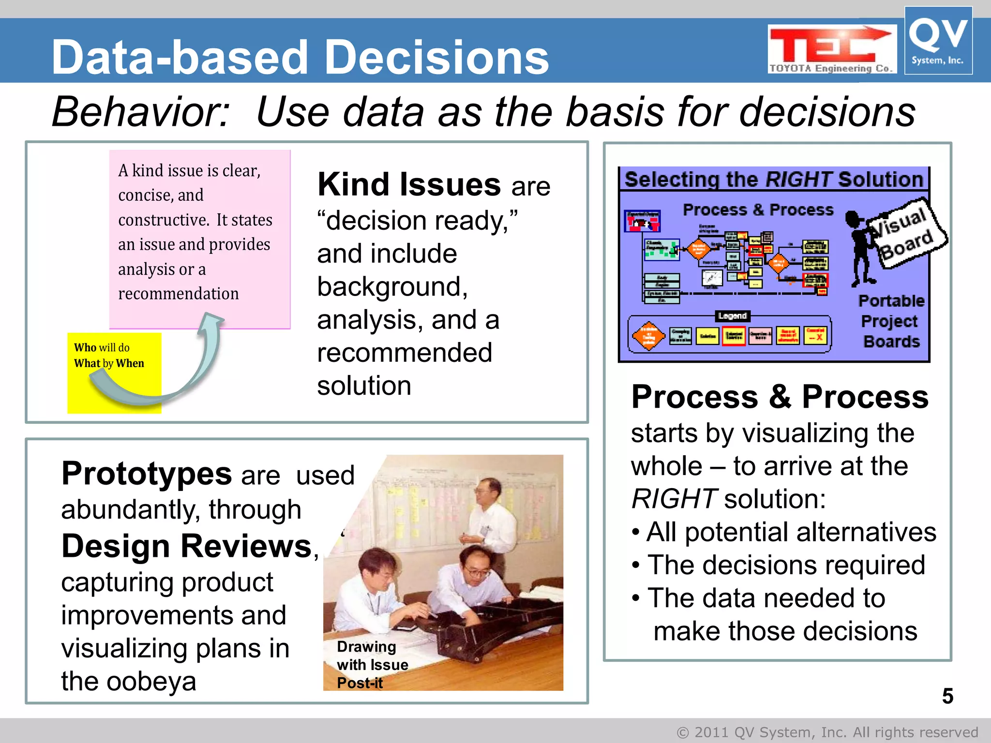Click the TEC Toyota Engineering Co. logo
pyautogui.click(x=831, y=49)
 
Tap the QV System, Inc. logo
pyautogui.click(x=938, y=41)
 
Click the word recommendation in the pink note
pyautogui.click(x=178, y=294)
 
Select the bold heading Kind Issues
pyautogui.click(x=409, y=185)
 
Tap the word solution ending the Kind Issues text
pyautogui.click(x=364, y=386)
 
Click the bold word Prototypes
pyautogui.click(x=146, y=474)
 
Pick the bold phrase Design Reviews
pyautogui.click(x=187, y=546)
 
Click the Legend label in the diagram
pyautogui.click(x=732, y=316)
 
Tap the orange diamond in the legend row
pyautogui.click(x=648, y=335)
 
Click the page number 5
pyautogui.click(x=947, y=696)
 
